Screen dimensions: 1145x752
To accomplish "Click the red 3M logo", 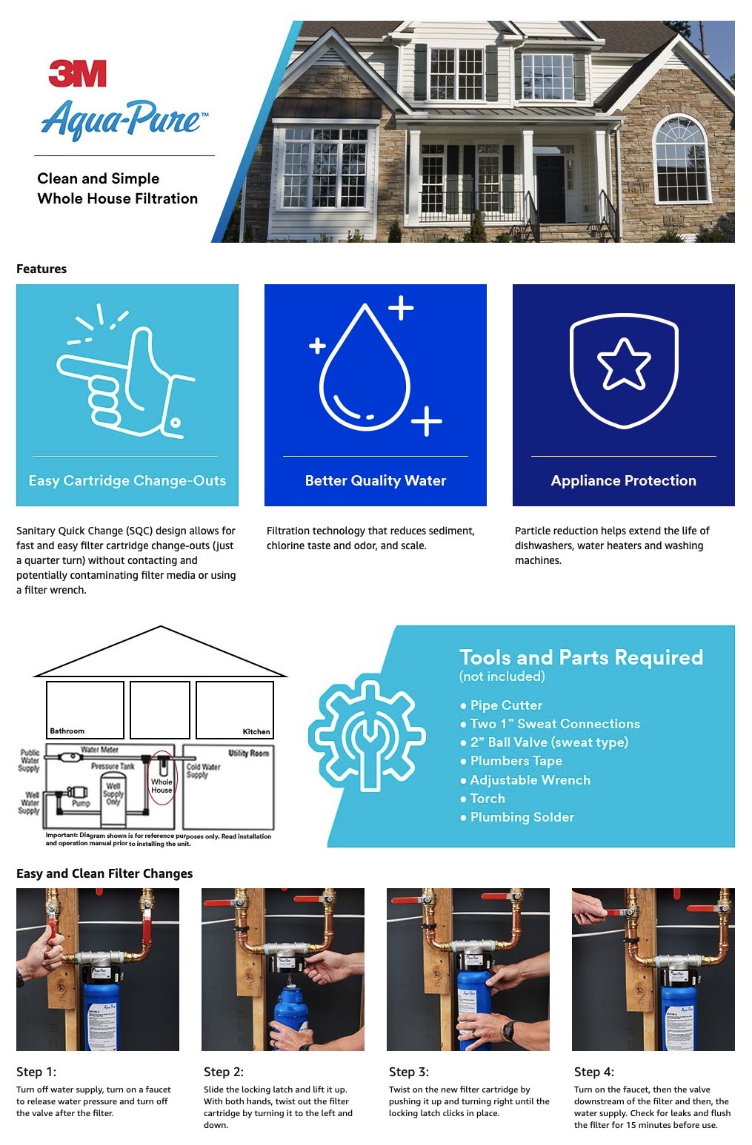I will (x=77, y=74).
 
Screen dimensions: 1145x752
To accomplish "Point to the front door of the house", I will (x=550, y=188).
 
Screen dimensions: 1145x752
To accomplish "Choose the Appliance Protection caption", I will (x=623, y=480).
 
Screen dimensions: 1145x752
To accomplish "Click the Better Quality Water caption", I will (x=375, y=480).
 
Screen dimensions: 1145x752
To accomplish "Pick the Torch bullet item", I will (x=487, y=799).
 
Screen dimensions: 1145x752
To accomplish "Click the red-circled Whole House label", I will (x=162, y=785).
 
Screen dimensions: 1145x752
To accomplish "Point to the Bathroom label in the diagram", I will (x=67, y=731).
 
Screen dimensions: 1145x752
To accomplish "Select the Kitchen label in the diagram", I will (x=256, y=731).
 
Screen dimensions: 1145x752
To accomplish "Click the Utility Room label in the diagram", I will (x=248, y=753).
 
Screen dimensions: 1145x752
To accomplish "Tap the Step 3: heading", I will (x=409, y=1072).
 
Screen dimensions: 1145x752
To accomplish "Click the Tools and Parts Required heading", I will (x=581, y=657).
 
